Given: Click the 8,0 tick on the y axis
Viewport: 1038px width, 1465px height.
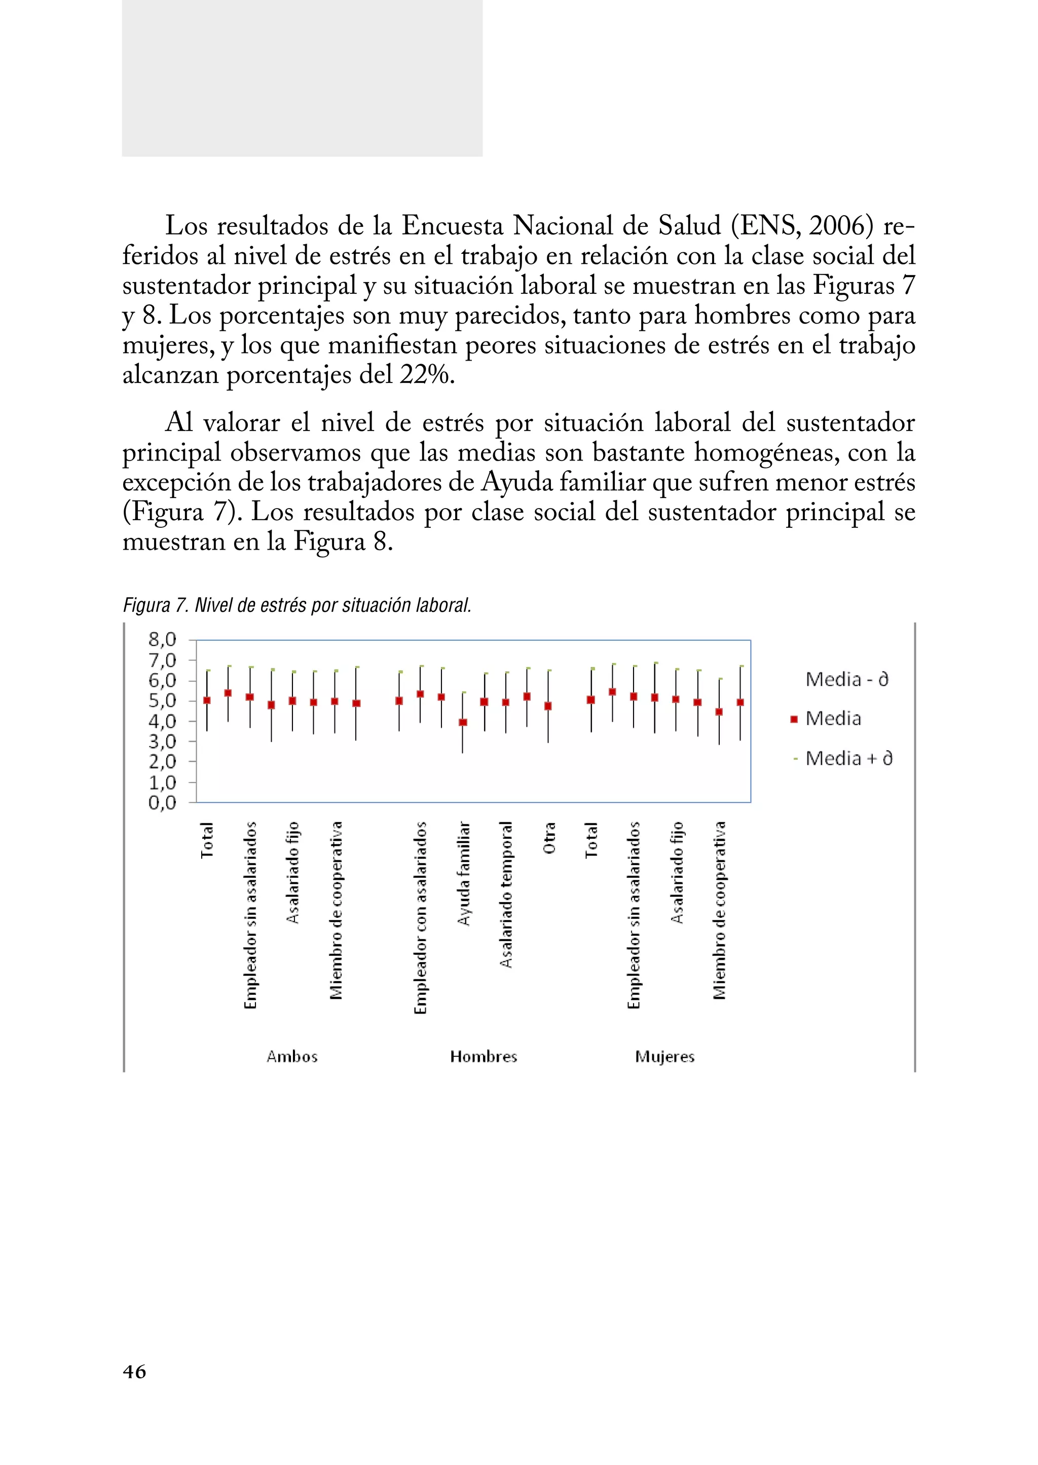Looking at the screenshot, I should point(162,639).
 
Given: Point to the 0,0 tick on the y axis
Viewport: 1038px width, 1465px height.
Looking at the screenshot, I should point(162,802).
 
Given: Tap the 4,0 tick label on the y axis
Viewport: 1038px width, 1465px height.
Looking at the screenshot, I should point(162,721).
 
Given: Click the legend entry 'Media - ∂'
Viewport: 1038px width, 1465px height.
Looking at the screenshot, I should point(846,679).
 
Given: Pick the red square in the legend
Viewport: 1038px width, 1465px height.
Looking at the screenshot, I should point(794,719).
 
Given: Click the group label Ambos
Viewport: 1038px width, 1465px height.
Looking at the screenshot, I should point(292,1057).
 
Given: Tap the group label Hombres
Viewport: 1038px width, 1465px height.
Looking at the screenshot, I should point(483,1057).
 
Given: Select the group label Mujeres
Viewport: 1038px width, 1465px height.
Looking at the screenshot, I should point(665,1057).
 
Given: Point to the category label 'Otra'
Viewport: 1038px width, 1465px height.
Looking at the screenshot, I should point(549,838).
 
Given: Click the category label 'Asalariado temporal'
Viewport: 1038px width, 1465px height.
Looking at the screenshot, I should point(506,895).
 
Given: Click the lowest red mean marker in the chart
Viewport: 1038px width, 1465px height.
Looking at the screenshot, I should point(463,722).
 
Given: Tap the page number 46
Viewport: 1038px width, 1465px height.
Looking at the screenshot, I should point(134,1372).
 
